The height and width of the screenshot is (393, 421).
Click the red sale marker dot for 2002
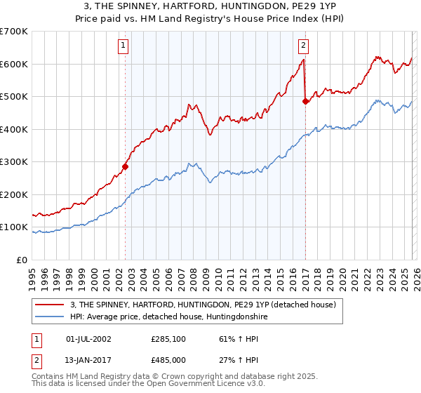(x=126, y=167)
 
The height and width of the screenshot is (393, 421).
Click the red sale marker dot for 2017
(x=305, y=102)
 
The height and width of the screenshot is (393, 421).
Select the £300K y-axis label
(x=14, y=162)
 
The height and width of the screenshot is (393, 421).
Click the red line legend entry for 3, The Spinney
(x=203, y=305)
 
